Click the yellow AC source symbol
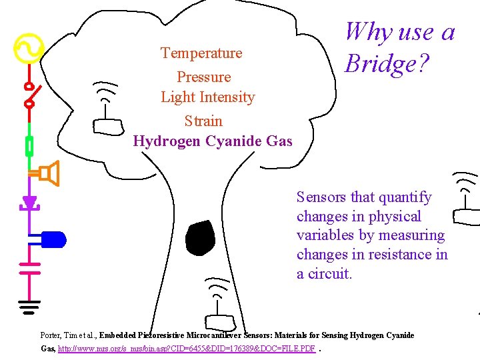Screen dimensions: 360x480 click(29, 49)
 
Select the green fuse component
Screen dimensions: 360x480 click(29, 145)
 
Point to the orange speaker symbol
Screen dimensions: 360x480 click(49, 174)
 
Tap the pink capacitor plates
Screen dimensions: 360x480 click(29, 268)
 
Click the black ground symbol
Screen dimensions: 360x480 click(29, 307)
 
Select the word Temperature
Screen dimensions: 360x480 click(201, 53)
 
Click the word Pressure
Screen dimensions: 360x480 click(203, 77)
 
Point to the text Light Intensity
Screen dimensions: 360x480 click(207, 97)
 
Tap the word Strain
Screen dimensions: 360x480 click(203, 121)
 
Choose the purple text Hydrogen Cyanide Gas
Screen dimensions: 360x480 click(213, 141)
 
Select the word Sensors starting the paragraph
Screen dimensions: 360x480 click(321, 197)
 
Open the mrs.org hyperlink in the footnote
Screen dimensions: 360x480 click(187, 349)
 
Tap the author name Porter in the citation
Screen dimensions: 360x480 click(51, 335)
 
